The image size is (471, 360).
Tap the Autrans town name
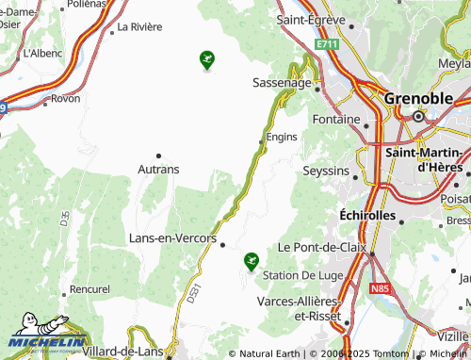pyautogui.click(x=158, y=170)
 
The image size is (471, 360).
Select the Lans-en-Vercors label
pyautogui.click(x=172, y=238)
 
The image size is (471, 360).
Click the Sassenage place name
pyautogui.click(x=282, y=83)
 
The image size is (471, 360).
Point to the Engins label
pyautogui.click(x=282, y=137)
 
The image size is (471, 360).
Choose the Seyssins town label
pyautogui.click(x=325, y=171)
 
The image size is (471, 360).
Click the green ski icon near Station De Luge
pyautogui.click(x=251, y=260)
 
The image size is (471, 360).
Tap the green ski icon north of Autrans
pyautogui.click(x=207, y=61)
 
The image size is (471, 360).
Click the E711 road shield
pyautogui.click(x=327, y=44)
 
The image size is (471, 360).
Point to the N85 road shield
pyautogui.click(x=380, y=287)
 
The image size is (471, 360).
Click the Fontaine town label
pyautogui.click(x=336, y=120)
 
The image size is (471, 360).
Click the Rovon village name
pyautogui.click(x=65, y=98)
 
